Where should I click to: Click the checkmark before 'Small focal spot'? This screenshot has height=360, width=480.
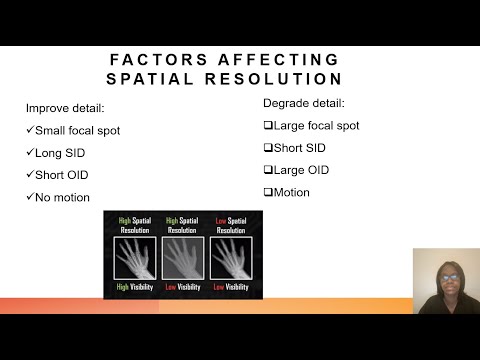[30, 130]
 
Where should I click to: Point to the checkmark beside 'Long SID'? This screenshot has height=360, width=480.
[30, 152]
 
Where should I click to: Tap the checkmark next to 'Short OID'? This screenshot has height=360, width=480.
[30, 175]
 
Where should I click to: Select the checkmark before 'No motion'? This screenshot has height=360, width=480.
[30, 197]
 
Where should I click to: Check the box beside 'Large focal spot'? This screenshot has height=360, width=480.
[268, 126]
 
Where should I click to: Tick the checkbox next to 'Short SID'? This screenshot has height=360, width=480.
[268, 148]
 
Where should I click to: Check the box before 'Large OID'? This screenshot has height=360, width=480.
[268, 170]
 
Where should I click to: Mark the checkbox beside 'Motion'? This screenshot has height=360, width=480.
[268, 192]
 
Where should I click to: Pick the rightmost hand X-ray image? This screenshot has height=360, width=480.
[232, 257]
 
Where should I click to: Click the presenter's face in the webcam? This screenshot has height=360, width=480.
[445, 275]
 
